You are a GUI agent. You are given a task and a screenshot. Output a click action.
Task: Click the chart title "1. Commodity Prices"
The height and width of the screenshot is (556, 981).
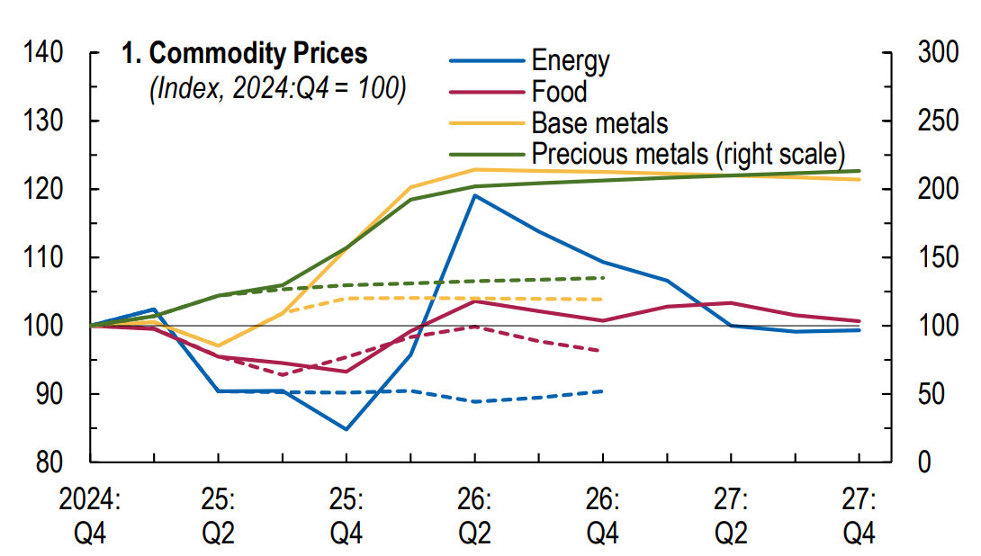tap(245, 54)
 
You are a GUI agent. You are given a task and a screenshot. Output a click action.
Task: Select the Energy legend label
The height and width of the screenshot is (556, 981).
tap(571, 61)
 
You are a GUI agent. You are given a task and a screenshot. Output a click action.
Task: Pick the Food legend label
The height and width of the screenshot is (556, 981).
tap(559, 92)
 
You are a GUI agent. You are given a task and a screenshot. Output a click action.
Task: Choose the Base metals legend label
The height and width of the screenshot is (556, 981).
tap(599, 121)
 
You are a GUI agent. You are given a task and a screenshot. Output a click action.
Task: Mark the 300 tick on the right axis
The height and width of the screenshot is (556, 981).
tap(935, 53)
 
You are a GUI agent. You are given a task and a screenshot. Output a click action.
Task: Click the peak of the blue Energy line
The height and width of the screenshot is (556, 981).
tap(474, 195)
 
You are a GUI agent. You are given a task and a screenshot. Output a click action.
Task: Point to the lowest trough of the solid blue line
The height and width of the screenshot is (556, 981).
tap(346, 429)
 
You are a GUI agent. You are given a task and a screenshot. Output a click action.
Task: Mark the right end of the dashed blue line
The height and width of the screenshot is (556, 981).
tap(602, 391)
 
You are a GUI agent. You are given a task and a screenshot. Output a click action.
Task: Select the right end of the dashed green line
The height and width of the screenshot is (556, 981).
tap(602, 277)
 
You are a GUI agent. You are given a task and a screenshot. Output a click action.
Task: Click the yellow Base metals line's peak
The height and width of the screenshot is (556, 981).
tap(474, 169)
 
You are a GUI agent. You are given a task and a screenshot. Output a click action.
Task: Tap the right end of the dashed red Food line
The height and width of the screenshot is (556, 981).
tap(602, 351)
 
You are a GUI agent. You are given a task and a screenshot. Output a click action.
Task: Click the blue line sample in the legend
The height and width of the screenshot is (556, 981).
tap(486, 61)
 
